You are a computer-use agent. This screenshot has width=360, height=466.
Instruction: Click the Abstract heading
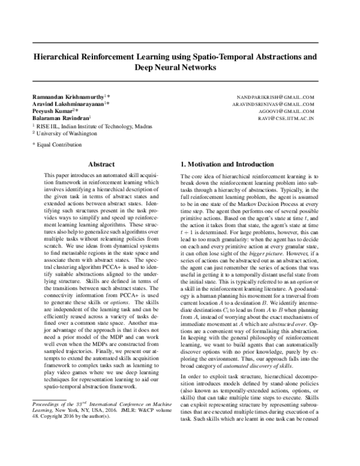(x=101, y=163)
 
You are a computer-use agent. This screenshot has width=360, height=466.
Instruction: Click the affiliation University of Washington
(x=65, y=135)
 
